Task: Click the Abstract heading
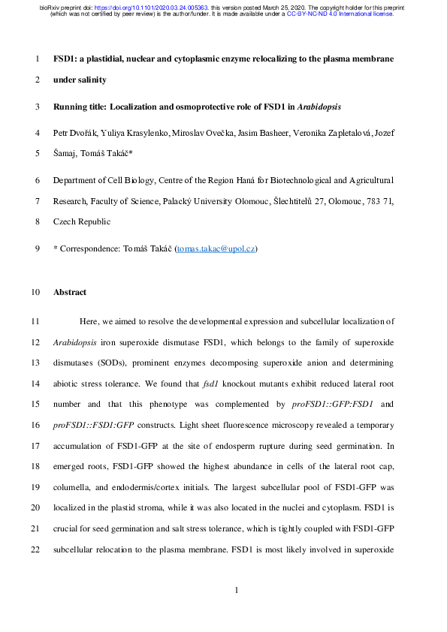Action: [70, 292]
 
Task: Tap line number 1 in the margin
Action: [38, 58]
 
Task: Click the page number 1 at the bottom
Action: [237, 590]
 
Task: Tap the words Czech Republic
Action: [82, 221]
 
